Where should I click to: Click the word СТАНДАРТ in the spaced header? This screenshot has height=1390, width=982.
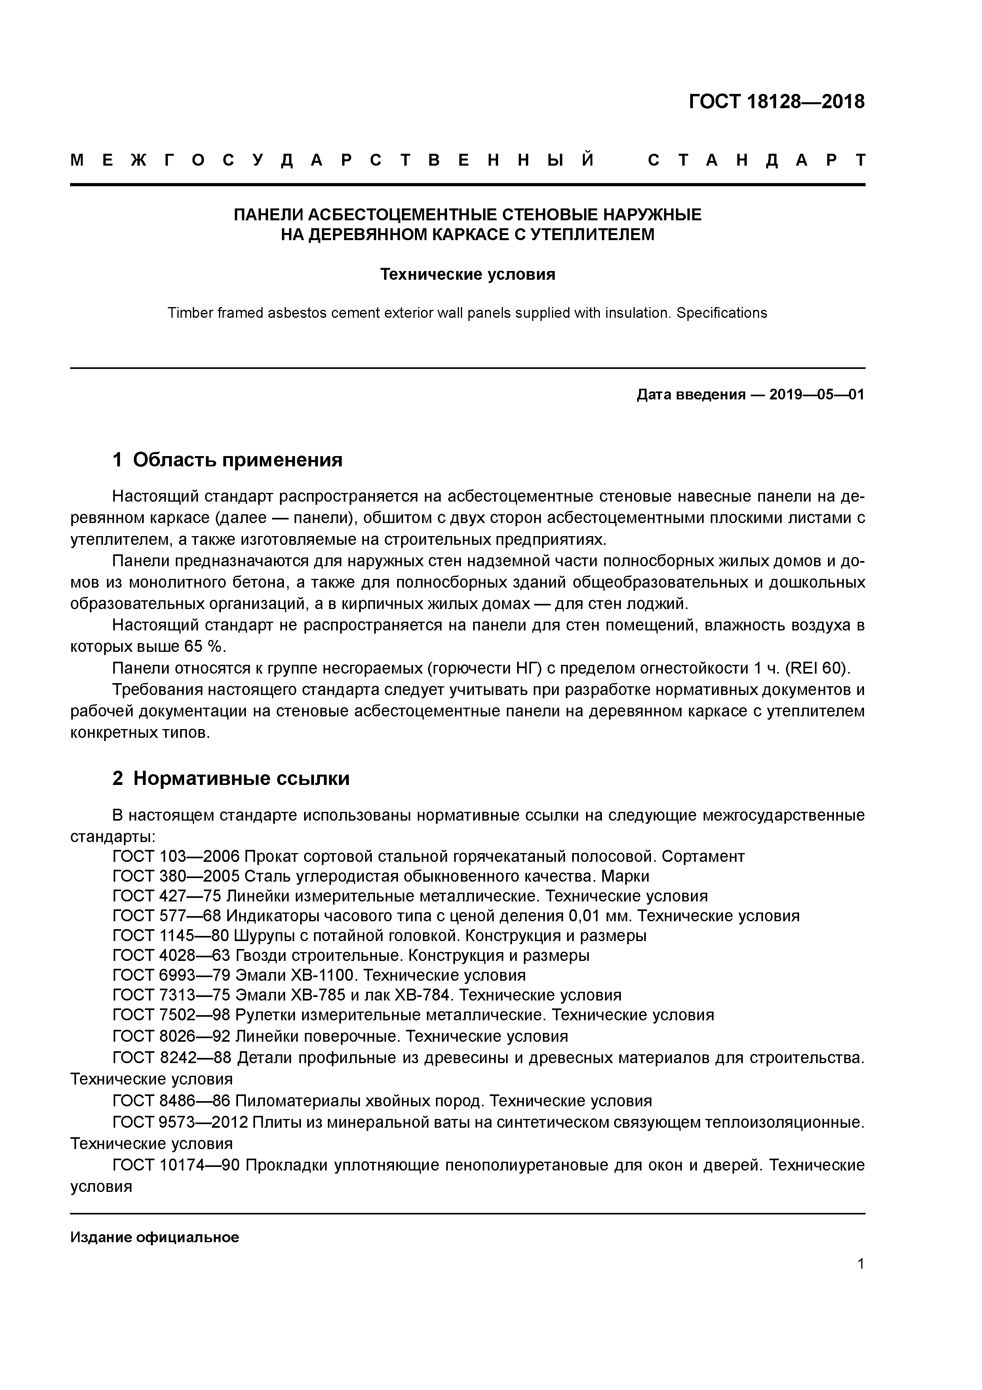click(x=756, y=161)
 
